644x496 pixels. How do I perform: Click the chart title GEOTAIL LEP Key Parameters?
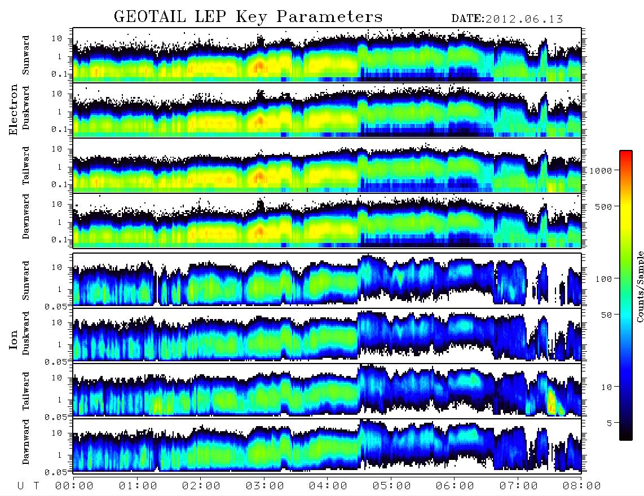tap(248, 16)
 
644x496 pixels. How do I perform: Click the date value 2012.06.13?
tap(524, 19)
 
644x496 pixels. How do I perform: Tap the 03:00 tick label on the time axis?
tap(264, 486)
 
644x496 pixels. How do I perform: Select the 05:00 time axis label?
tap(391, 486)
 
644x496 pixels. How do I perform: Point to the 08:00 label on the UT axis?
tap(582, 486)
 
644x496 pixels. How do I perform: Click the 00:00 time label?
tap(74, 486)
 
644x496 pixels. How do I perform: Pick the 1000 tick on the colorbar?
tap(601, 170)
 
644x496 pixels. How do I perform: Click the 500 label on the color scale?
tap(603, 206)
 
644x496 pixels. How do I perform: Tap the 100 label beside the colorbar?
tap(603, 279)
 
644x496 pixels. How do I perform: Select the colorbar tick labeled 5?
tap(609, 423)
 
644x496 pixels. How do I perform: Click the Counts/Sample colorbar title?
tap(639, 287)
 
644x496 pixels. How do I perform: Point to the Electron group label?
tap(13, 109)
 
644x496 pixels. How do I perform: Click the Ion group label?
tap(13, 340)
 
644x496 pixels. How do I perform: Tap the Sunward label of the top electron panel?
tap(26, 55)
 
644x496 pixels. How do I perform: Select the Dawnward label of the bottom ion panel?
tap(26, 441)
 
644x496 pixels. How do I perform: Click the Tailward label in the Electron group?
tap(26, 166)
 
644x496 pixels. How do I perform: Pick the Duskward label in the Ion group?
tap(26, 333)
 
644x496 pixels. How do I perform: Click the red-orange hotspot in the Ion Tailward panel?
tap(552, 402)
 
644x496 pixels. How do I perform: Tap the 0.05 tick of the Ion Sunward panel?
tap(59, 306)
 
